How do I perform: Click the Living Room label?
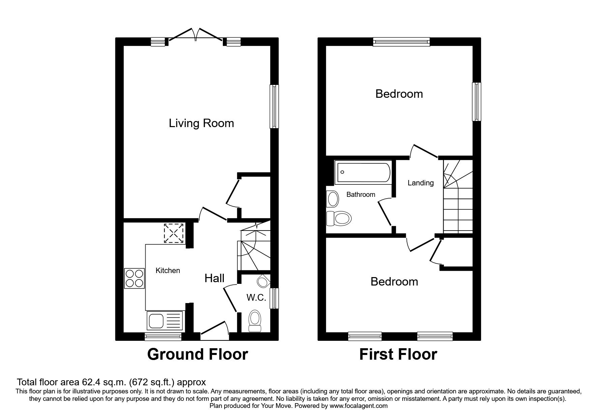pos(201,123)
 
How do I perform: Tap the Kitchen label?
pos(168,270)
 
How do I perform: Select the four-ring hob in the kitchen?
pos(135,278)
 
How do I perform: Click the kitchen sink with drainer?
pos(165,320)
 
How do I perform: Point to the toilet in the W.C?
pos(255,321)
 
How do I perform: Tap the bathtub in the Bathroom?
pos(363,173)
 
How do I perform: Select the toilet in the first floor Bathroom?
pos(339,218)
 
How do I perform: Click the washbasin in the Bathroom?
pos(332,199)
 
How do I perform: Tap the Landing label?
pos(420,183)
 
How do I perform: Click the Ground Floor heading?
pos(198,354)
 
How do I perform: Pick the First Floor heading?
pos(398,354)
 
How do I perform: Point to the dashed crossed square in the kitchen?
pos(174,233)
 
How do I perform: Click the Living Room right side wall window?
pos(274,106)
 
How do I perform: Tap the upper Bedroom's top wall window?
pos(401,42)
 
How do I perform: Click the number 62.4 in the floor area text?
pos(90,382)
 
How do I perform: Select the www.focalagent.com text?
pos(358,406)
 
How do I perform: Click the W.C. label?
pos(256,298)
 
